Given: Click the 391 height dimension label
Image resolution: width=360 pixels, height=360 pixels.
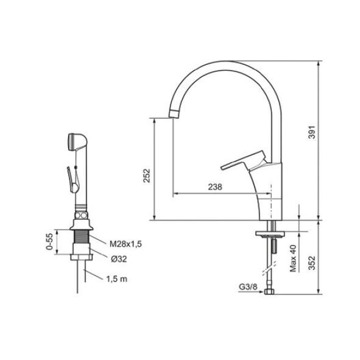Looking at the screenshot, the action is point(312,132).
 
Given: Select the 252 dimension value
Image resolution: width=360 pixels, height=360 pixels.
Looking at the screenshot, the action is point(146,175).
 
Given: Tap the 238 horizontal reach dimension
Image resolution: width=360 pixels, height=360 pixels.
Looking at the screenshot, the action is point(215,187).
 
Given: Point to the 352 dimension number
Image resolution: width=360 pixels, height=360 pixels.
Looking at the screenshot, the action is point(312,263).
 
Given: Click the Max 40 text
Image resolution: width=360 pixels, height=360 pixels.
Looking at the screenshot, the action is point(293,258).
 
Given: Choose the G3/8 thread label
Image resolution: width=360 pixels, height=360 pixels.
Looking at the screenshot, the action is point(248,287).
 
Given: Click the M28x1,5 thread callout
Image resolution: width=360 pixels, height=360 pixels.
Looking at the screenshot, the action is point(125,244).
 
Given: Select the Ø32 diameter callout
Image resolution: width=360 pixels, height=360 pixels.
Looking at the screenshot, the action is point(119,259).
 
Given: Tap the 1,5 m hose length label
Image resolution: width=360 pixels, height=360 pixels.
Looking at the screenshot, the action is point(116,279).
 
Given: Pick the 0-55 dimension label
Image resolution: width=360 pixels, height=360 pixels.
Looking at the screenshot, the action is point(49,242).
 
